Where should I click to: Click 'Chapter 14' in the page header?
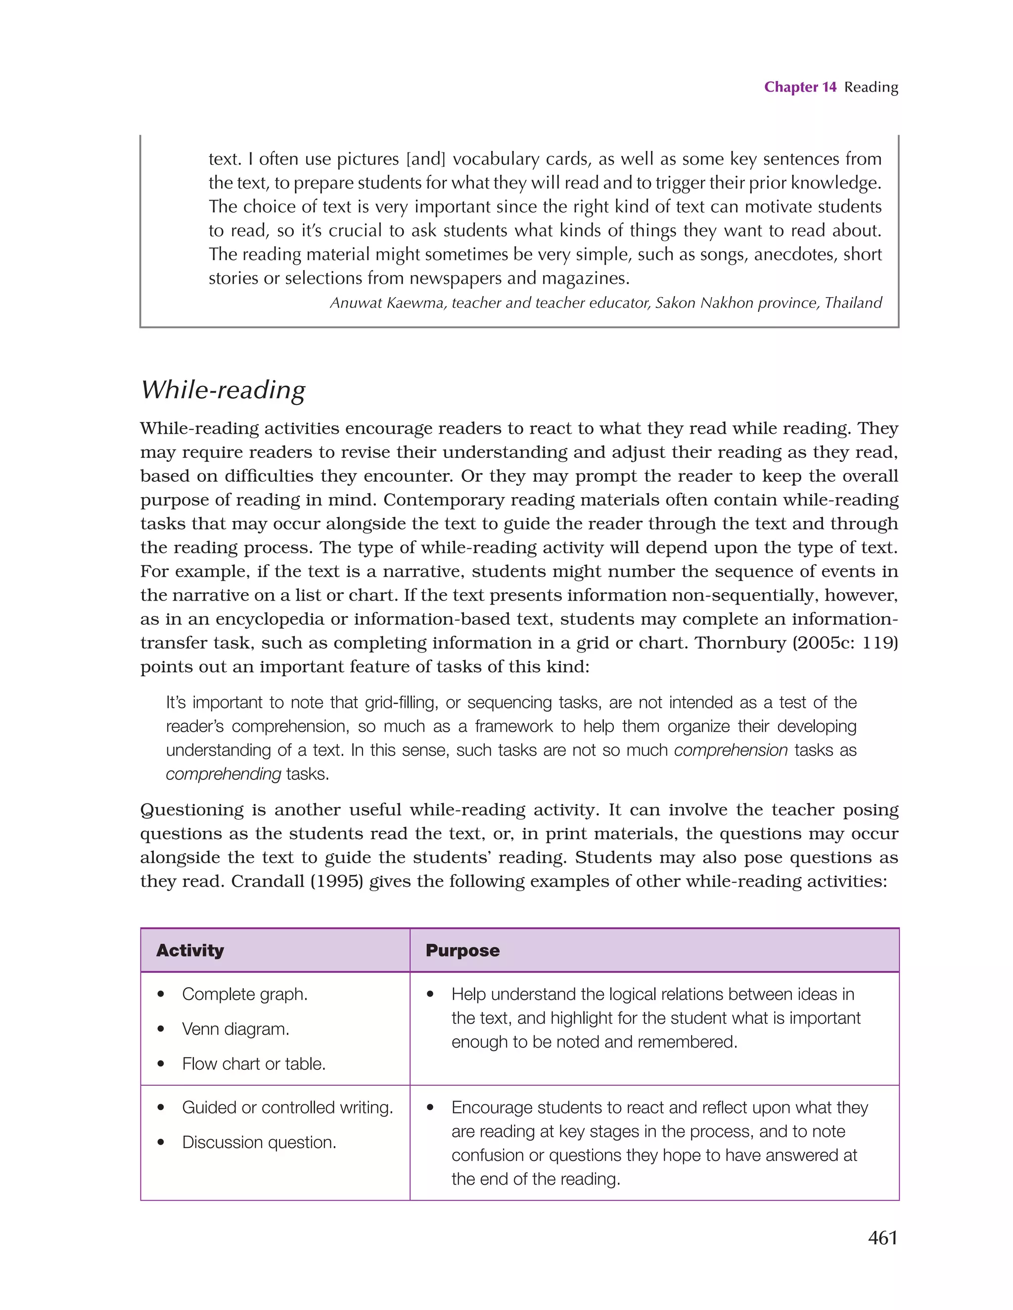click(x=800, y=87)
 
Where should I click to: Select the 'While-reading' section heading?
click(x=223, y=390)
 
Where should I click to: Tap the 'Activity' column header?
click(x=190, y=950)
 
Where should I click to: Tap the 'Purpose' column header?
click(x=462, y=950)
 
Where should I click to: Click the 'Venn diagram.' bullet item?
click(x=235, y=1029)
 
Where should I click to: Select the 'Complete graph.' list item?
click(x=244, y=994)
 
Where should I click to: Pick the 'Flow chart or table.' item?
click(x=254, y=1063)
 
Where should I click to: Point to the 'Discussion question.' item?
click(x=259, y=1142)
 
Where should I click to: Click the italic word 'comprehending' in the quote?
click(x=223, y=774)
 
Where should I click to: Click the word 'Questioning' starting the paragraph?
click(x=192, y=810)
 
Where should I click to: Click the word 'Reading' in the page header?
click(x=871, y=87)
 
